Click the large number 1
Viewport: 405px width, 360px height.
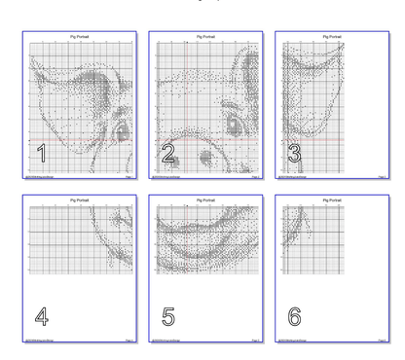pyautogui.click(x=41, y=153)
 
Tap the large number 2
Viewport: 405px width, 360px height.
pyautogui.click(x=167, y=153)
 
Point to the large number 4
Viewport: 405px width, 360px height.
pyautogui.click(x=41, y=316)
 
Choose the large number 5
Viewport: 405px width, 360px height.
pyautogui.click(x=167, y=316)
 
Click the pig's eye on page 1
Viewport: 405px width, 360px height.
pyautogui.click(x=121, y=125)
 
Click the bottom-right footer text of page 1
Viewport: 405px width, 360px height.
pyautogui.click(x=129, y=178)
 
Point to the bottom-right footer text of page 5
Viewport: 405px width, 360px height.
pyautogui.click(x=255, y=342)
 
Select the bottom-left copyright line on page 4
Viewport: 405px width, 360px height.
pyautogui.click(x=37, y=342)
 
